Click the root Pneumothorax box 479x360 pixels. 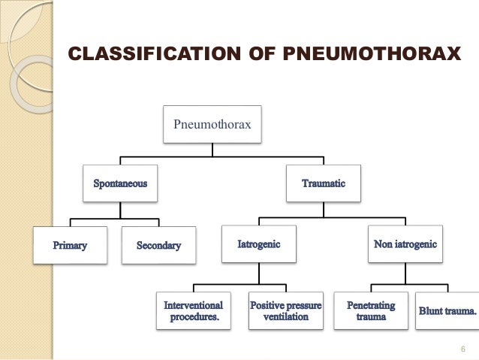[x=212, y=124]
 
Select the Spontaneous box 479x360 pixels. [x=120, y=183]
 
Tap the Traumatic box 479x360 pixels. [x=324, y=183]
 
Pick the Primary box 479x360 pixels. [x=70, y=245]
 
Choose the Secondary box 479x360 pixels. [x=159, y=245]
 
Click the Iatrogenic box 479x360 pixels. [x=259, y=245]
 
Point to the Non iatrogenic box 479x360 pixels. [x=405, y=245]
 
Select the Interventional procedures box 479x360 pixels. [x=194, y=311]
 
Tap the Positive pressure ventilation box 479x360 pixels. [x=286, y=311]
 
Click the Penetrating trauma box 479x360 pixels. [x=372, y=311]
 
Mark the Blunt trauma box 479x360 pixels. [x=447, y=311]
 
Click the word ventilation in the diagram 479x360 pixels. [x=286, y=317]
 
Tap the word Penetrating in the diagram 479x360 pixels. [x=372, y=306]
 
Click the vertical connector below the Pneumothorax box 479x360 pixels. [x=212, y=150]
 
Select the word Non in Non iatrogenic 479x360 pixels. [x=384, y=245]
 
